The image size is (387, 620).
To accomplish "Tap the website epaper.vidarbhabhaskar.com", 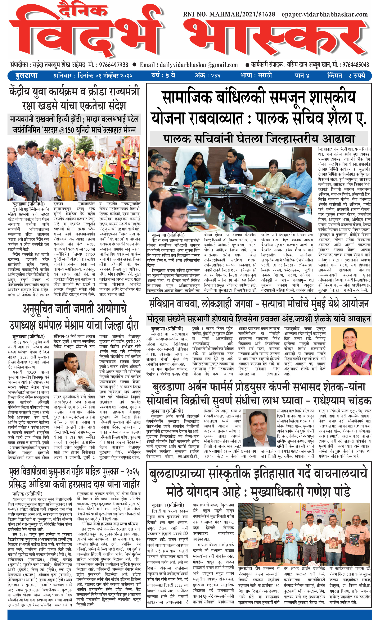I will point(325,15).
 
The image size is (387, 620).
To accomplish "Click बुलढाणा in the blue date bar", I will point(26,76).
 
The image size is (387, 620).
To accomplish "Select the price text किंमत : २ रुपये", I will point(346,76).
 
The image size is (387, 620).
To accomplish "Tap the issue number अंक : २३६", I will point(207,76).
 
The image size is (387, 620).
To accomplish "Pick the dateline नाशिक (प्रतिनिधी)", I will point(27,494).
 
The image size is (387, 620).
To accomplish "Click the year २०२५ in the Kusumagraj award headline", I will point(130,472).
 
